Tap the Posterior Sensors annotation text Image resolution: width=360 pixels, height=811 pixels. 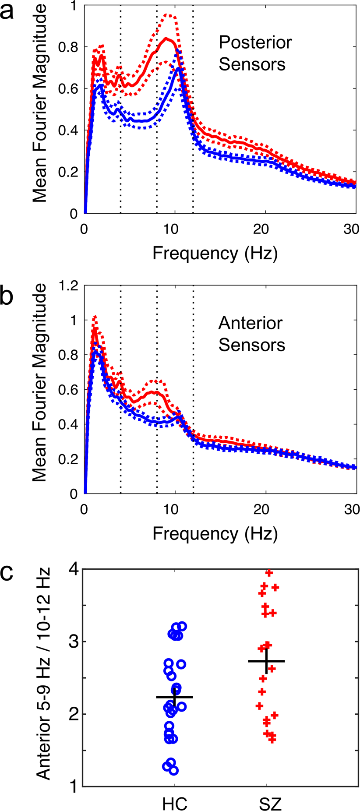(255, 53)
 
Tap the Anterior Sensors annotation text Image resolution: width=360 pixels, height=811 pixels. (251, 334)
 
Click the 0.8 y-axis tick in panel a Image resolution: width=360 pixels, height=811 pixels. (69, 47)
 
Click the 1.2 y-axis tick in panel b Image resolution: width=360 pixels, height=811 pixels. (69, 286)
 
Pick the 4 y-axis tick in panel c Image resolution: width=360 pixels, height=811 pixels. (75, 570)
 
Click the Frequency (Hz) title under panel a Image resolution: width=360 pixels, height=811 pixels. (215, 253)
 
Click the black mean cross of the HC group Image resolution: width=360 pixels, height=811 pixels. (175, 697)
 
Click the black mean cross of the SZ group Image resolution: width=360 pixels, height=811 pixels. (266, 661)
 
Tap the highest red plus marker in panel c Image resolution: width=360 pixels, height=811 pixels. (269, 573)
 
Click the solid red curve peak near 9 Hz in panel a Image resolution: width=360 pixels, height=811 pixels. (166, 39)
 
